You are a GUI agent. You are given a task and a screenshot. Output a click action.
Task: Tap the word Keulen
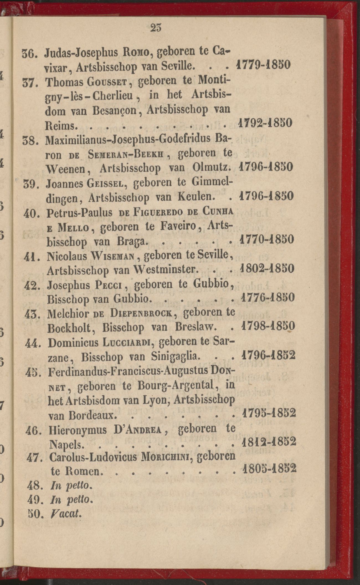[x=196, y=197]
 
